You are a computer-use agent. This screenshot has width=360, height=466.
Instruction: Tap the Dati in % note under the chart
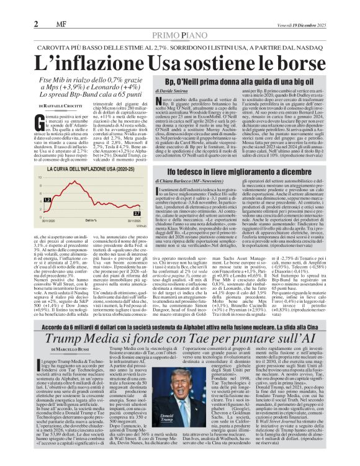pos(91,220)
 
